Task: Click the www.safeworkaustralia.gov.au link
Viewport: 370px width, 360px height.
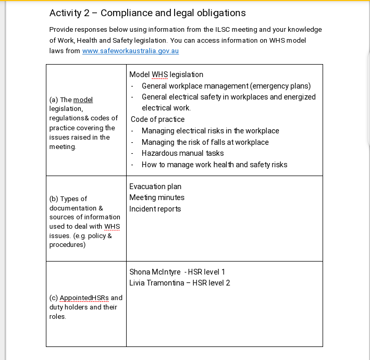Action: tap(130, 51)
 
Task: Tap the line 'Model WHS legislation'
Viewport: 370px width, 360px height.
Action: tap(166, 75)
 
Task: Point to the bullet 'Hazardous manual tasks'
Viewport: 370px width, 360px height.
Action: tap(182, 153)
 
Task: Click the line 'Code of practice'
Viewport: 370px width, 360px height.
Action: tap(157, 119)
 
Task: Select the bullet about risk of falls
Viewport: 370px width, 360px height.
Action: tap(205, 142)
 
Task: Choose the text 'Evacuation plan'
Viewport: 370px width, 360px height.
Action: tap(155, 187)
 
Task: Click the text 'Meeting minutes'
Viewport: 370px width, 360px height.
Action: tap(157, 197)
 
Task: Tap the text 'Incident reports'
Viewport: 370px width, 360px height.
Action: tap(155, 209)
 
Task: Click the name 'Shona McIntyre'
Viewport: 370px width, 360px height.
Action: tap(155, 272)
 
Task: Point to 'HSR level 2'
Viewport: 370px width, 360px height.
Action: tap(211, 283)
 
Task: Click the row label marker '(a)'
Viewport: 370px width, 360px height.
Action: tap(54, 100)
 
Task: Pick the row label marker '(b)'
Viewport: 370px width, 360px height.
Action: tap(54, 198)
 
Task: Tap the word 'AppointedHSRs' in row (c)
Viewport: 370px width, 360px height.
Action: tap(84, 298)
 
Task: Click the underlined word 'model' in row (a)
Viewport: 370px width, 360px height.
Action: tap(83, 100)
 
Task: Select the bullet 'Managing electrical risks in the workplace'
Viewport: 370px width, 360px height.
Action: tap(210, 131)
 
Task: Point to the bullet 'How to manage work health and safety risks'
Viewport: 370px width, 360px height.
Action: tap(214, 165)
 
